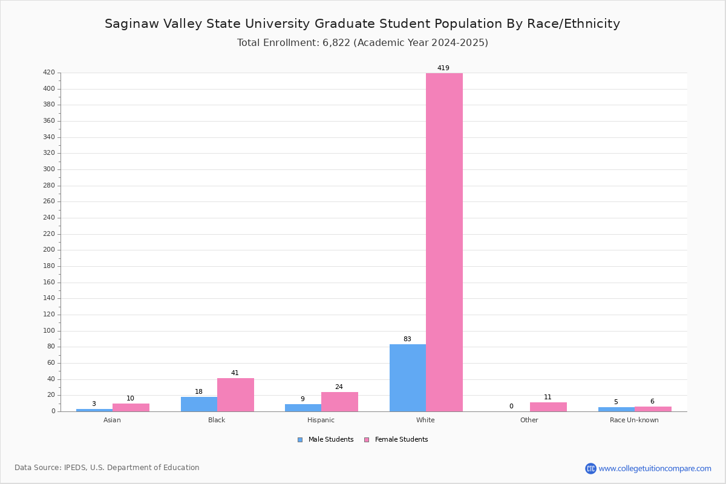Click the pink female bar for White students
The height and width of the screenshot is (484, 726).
444,242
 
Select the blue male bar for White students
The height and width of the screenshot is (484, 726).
408,378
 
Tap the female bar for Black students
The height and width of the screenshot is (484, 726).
235,395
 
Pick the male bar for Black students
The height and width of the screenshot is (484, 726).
199,404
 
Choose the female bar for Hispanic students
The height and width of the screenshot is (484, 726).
339,402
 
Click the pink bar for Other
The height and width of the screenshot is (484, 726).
548,407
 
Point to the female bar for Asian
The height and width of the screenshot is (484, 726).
131,408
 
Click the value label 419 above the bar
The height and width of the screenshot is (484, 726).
443,68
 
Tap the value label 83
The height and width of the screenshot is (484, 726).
407,339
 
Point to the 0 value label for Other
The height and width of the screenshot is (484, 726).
511,406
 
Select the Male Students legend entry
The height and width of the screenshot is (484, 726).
325,439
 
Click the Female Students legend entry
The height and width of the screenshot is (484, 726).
396,439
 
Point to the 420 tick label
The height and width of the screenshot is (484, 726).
49,72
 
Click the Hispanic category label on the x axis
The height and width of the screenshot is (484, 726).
321,420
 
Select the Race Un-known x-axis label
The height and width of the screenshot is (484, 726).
634,420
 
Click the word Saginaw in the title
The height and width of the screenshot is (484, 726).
132,24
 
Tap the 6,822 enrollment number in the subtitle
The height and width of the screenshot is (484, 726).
336,42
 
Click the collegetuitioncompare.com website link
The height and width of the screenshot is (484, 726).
655,468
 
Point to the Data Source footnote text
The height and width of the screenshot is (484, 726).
107,468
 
